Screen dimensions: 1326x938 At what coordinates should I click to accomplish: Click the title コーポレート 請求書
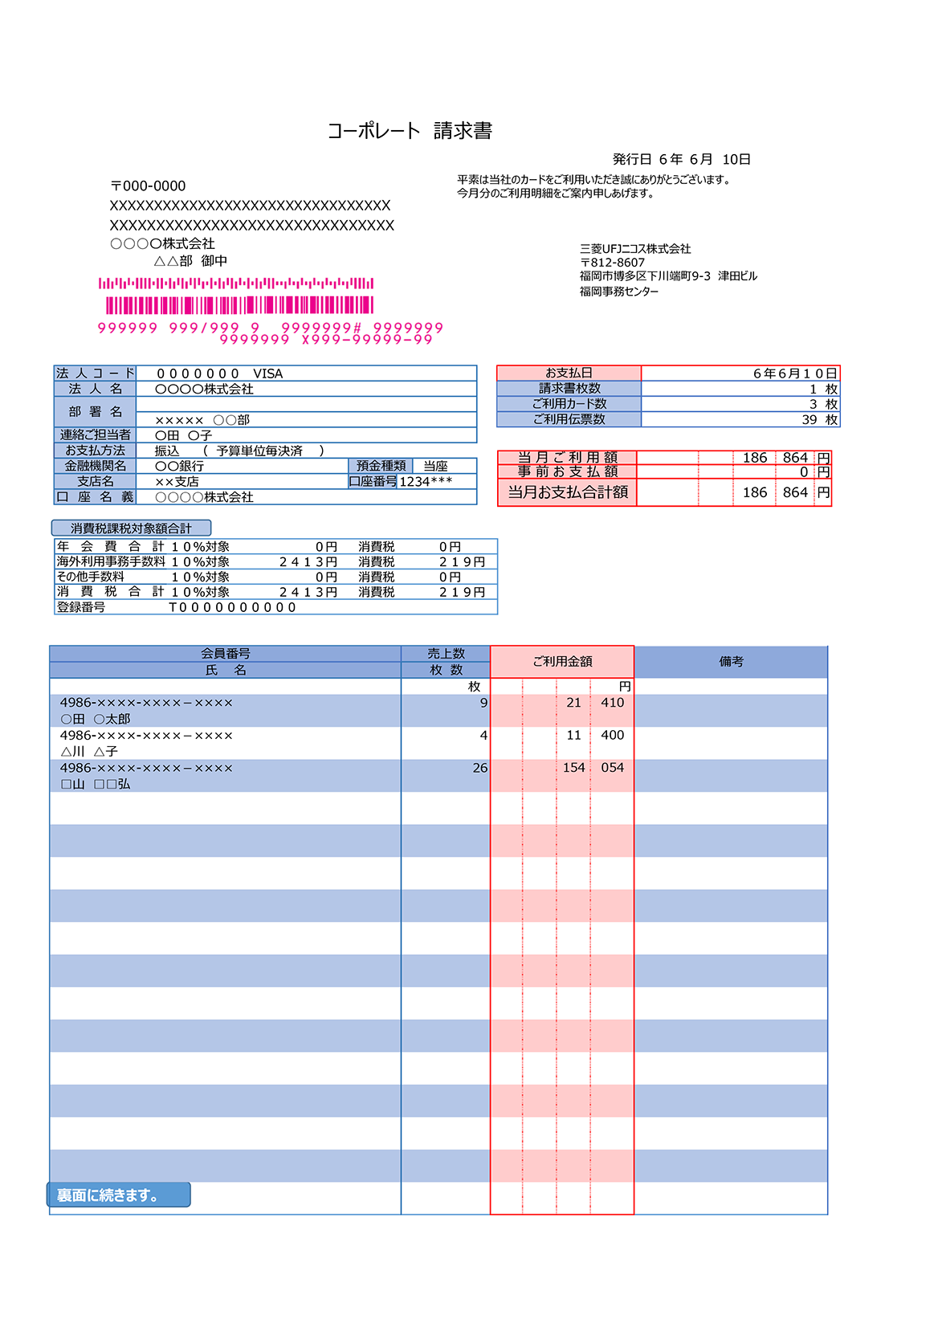[410, 131]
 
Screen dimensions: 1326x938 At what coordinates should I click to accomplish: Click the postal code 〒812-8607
[612, 263]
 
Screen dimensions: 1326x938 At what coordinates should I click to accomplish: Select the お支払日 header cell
[569, 373]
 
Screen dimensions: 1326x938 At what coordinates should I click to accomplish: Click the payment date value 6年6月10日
[794, 373]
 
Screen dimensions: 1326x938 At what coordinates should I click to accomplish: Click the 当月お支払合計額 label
[567, 492]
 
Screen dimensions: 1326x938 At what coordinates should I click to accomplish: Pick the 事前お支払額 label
[567, 471]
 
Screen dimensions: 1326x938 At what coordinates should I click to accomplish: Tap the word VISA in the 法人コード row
[267, 373]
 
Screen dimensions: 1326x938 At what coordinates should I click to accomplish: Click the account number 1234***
[426, 481]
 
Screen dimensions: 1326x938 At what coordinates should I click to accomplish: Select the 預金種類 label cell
[381, 466]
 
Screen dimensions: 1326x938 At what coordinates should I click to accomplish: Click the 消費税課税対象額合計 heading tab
[131, 528]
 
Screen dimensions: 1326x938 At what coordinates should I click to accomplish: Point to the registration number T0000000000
[232, 607]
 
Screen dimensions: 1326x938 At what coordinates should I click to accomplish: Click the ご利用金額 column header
[562, 662]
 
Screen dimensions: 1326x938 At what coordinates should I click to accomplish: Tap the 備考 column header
[731, 662]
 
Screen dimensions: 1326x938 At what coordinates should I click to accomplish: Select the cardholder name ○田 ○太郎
[95, 719]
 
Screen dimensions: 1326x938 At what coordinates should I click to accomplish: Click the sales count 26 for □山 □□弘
[479, 768]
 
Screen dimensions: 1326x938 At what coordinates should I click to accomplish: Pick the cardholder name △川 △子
[89, 752]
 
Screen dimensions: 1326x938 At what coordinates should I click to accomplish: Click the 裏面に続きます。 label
[108, 1195]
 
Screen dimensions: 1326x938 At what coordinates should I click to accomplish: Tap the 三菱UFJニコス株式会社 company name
[634, 249]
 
